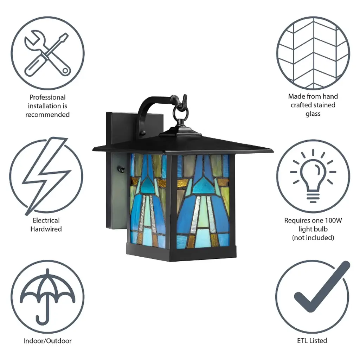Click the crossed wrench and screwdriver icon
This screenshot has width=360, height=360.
tap(47, 53)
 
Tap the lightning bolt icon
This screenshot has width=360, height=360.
tap(46, 176)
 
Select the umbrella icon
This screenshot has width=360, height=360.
tap(47, 296)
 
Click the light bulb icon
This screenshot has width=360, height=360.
tap(313, 176)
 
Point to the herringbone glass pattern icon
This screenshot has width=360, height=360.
tap(313, 53)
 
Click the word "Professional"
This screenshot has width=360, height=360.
tap(47, 97)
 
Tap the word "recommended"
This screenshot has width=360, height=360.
tap(47, 115)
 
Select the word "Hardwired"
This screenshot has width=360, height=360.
tap(46, 229)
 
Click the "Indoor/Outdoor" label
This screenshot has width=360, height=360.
tap(47, 341)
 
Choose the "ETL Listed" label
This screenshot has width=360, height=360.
tap(312, 341)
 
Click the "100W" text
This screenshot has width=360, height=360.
tap(333, 221)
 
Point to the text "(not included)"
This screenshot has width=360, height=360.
tap(313, 238)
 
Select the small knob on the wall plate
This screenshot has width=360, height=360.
tap(121, 170)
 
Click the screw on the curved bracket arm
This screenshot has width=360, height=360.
tap(143, 133)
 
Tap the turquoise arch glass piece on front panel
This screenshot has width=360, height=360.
tap(203, 186)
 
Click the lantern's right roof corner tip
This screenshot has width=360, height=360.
tap(273, 151)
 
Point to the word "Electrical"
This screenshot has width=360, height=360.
tap(46, 220)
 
